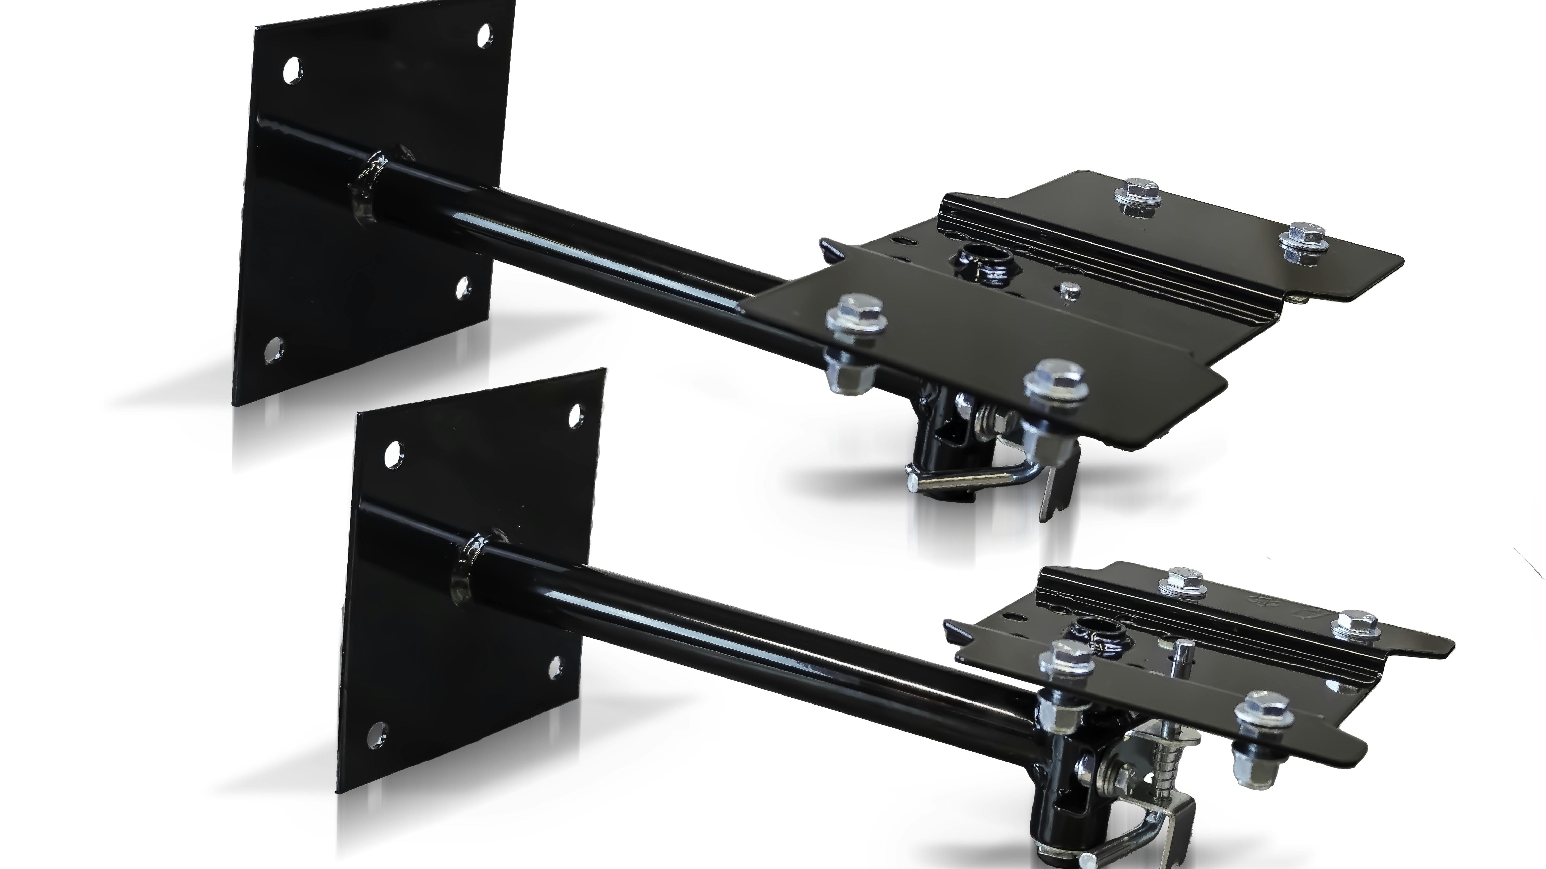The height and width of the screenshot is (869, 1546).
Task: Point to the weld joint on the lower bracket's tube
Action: [x=474, y=558]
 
